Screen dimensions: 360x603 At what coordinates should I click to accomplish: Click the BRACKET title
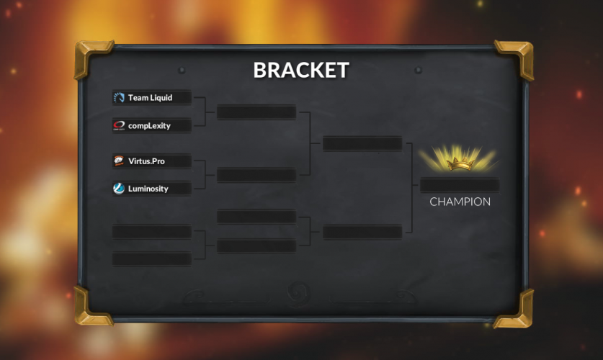pyautogui.click(x=301, y=70)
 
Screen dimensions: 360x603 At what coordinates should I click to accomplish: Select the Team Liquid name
pyautogui.click(x=150, y=98)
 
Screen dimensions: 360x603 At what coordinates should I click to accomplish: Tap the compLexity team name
pyautogui.click(x=149, y=126)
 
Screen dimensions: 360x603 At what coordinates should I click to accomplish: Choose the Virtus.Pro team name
pyautogui.click(x=146, y=161)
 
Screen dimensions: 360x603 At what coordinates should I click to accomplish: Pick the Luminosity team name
pyautogui.click(x=148, y=189)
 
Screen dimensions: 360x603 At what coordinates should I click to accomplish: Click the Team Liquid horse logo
pyautogui.click(x=119, y=98)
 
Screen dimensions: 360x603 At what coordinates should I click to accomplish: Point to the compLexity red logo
pyautogui.click(x=119, y=126)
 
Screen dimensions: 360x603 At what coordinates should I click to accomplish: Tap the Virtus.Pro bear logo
pyautogui.click(x=119, y=161)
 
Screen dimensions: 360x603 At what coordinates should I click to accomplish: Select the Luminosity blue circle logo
pyautogui.click(x=119, y=189)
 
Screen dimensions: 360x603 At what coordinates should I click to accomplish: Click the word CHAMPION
pyautogui.click(x=460, y=202)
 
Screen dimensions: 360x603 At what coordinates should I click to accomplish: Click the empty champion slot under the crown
pyautogui.click(x=460, y=184)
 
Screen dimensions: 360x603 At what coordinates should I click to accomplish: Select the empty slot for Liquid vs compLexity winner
pyautogui.click(x=256, y=112)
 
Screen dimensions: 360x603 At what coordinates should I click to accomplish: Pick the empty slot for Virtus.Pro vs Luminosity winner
pyautogui.click(x=256, y=175)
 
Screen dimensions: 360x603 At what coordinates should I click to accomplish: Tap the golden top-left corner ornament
pyautogui.click(x=91, y=58)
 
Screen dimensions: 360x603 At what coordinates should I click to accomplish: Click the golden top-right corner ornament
pyautogui.click(x=514, y=58)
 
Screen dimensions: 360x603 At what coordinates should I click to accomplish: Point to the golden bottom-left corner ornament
pyautogui.click(x=91, y=306)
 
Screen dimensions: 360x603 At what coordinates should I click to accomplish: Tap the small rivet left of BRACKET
pyautogui.click(x=182, y=71)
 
